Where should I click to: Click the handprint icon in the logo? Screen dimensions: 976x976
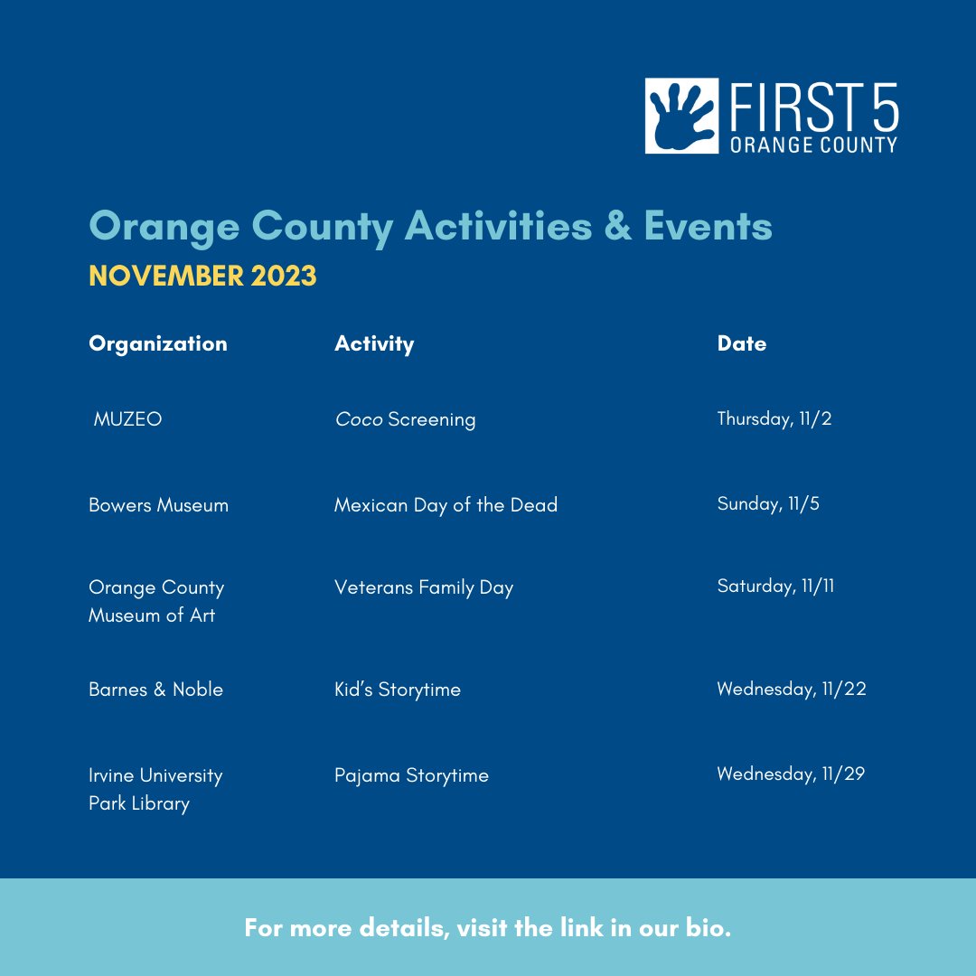[x=680, y=115]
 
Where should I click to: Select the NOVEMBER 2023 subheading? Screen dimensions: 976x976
[x=202, y=276]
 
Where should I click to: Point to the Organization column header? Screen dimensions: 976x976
[x=158, y=343]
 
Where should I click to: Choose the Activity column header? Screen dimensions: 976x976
[x=374, y=343]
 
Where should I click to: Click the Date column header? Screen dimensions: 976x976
[x=741, y=343]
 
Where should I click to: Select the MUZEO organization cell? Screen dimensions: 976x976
[x=127, y=419]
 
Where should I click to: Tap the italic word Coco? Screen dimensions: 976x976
[x=359, y=419]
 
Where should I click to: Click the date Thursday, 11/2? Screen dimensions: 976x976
[x=774, y=418]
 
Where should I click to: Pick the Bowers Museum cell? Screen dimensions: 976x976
[x=158, y=504]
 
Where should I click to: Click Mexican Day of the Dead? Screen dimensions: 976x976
[x=446, y=504]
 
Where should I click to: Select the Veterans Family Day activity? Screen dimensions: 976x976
[x=424, y=587]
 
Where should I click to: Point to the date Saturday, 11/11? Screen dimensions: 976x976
[x=775, y=586]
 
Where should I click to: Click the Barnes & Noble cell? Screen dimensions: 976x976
[x=155, y=690]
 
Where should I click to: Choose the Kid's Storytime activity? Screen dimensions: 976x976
[x=398, y=690]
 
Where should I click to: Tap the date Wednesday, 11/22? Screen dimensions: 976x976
[x=792, y=689]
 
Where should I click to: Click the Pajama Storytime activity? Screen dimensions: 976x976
[x=411, y=775]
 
